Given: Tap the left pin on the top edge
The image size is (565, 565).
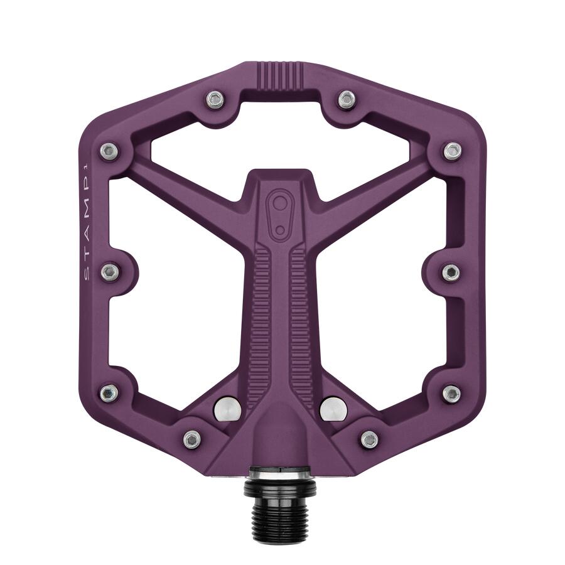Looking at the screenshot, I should click(x=216, y=99).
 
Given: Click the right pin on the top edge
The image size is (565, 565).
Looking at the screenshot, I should click(x=347, y=99).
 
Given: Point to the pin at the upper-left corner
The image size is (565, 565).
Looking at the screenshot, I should click(x=109, y=151).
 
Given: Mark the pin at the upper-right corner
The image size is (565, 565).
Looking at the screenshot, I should click(x=453, y=151).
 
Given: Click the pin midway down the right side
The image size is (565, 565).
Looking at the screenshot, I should click(x=451, y=272).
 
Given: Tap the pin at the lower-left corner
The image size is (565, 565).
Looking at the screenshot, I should click(x=109, y=393).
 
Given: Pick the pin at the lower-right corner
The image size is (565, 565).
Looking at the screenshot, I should click(x=451, y=393).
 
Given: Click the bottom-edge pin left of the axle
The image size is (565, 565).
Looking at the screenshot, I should click(x=192, y=439).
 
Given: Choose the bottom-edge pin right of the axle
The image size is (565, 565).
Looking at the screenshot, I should click(x=369, y=439).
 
